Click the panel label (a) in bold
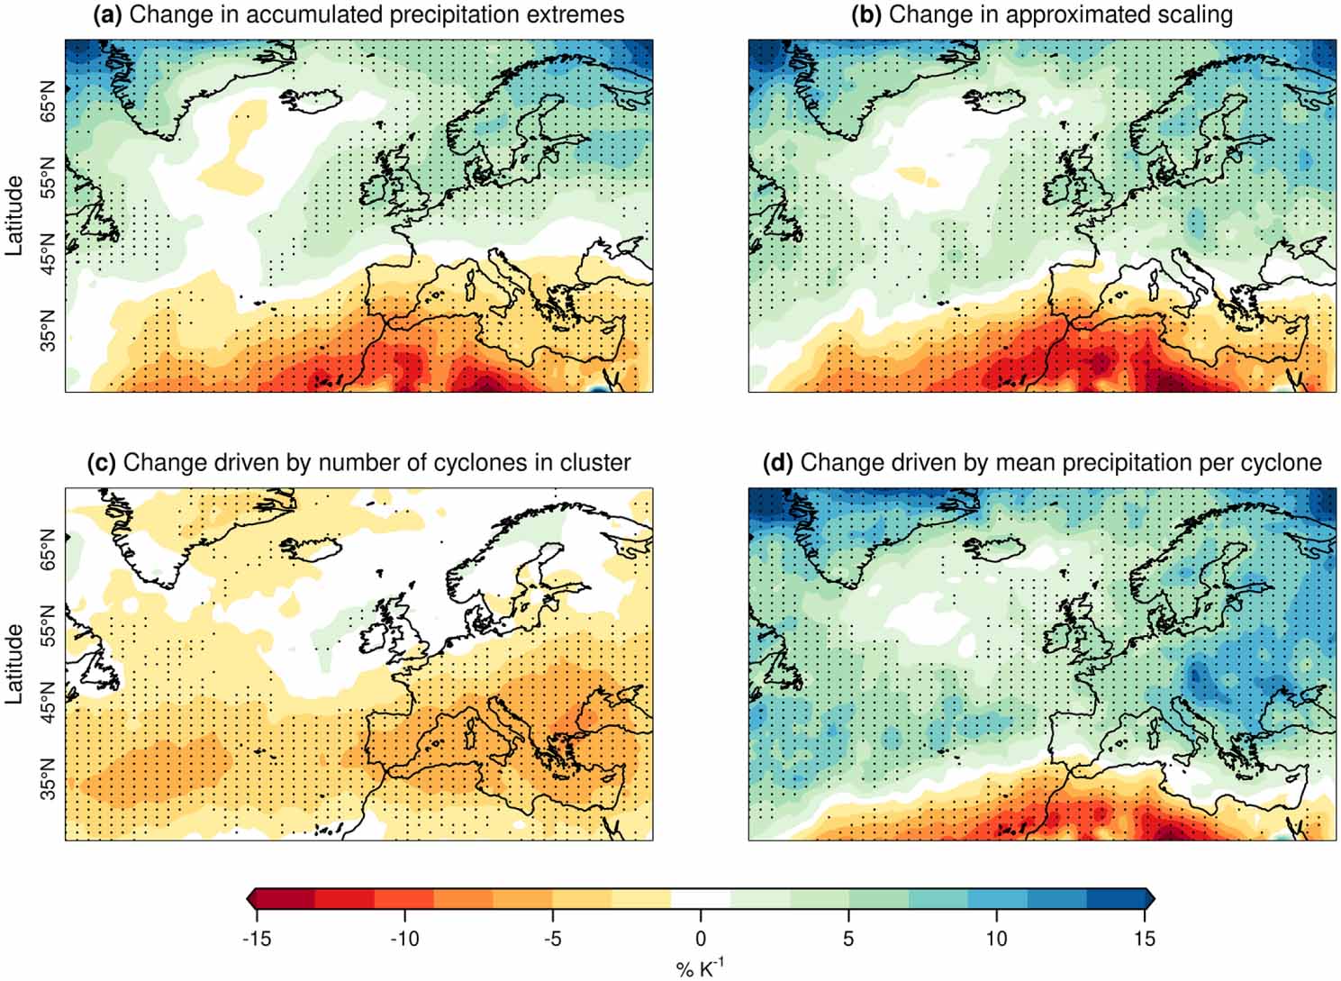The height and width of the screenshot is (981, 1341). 108,14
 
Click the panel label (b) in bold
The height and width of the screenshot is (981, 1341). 867,14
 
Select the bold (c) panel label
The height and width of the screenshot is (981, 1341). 102,463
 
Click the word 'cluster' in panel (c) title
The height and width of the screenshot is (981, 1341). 595,463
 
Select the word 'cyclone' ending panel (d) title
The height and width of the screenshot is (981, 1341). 1280,463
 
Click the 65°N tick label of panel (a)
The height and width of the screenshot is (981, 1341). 47,101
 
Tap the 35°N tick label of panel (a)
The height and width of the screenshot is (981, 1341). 47,329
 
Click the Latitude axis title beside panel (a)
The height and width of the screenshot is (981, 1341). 15,215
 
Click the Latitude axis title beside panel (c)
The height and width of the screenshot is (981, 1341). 15,664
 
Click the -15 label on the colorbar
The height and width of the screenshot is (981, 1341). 256,939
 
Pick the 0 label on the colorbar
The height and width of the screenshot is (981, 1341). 701,939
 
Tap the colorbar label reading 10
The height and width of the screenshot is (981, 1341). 996,939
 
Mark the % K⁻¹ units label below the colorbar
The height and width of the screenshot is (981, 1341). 700,967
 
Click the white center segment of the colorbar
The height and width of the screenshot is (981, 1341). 701,899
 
